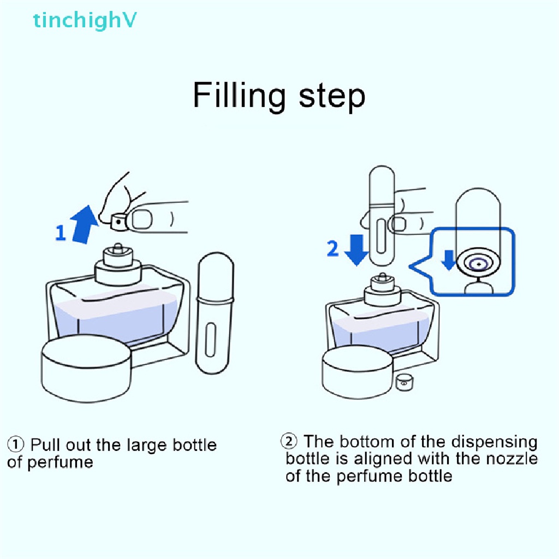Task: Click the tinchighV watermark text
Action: point(85,20)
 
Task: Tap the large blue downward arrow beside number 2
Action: point(356,249)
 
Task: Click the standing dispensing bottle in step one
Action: point(215,317)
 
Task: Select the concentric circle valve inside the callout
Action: point(479,264)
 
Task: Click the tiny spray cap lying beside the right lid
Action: point(404,382)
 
